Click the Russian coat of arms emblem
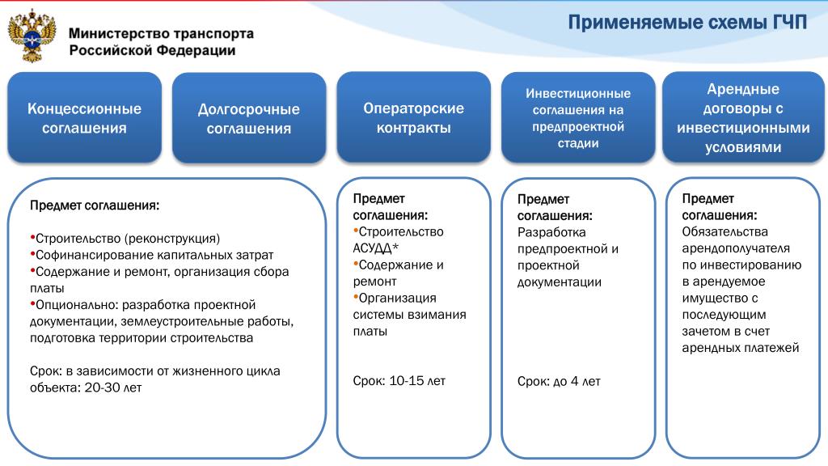(32, 36)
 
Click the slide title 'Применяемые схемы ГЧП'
(687, 23)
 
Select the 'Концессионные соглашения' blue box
(84, 118)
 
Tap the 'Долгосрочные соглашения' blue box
(249, 118)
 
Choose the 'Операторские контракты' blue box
(413, 117)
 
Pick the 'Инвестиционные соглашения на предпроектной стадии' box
(578, 118)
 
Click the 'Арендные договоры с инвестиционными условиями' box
(743, 117)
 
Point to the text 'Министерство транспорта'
(161, 34)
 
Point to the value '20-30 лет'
(113, 388)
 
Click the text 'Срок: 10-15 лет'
(399, 381)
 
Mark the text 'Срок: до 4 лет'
(559, 382)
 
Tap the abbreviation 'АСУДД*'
(375, 248)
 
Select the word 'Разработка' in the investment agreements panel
(551, 232)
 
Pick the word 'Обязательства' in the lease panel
(724, 232)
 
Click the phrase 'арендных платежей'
(741, 348)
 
